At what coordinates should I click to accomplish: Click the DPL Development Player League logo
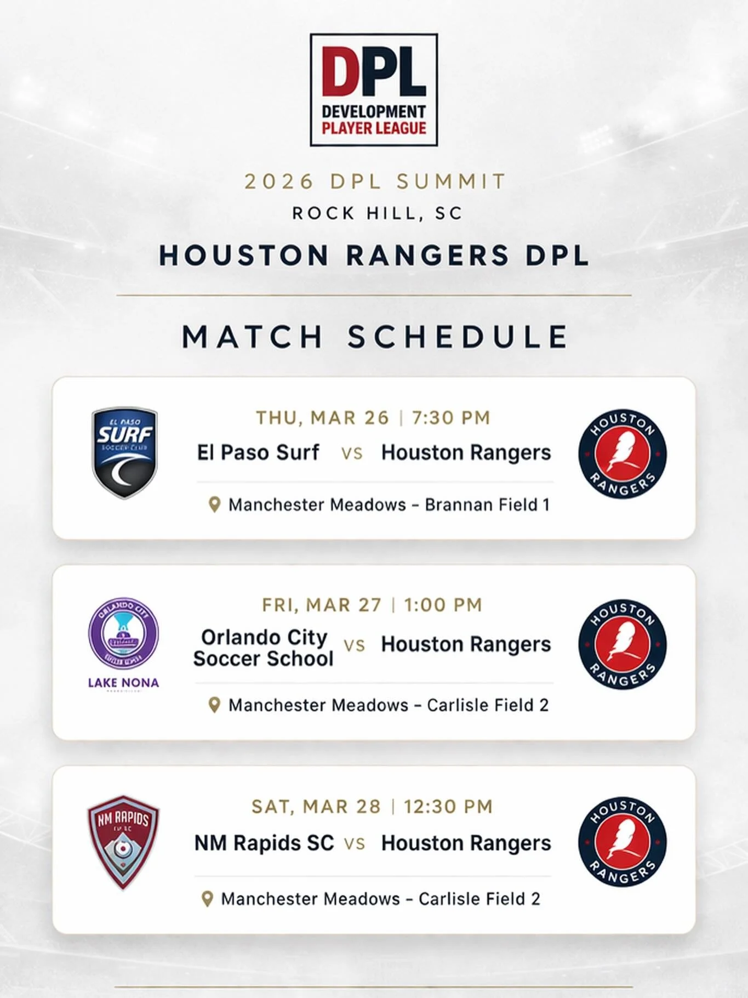pyautogui.click(x=374, y=90)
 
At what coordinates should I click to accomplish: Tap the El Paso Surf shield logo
pyautogui.click(x=124, y=452)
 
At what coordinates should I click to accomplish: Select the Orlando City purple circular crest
pyautogui.click(x=124, y=633)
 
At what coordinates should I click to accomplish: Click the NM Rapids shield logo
pyautogui.click(x=123, y=842)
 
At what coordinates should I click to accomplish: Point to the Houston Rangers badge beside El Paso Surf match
pyautogui.click(x=623, y=454)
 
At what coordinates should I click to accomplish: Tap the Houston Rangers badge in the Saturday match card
pyautogui.click(x=623, y=842)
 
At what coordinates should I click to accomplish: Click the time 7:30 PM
pyautogui.click(x=451, y=418)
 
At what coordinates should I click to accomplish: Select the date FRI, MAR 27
pyautogui.click(x=322, y=605)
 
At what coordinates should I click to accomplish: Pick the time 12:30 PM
pyautogui.click(x=448, y=807)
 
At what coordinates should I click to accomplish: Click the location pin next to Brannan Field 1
pyautogui.click(x=215, y=504)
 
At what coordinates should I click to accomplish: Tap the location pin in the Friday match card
pyautogui.click(x=215, y=705)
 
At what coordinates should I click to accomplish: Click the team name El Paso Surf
pyautogui.click(x=258, y=452)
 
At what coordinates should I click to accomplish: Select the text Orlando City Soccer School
pyautogui.click(x=264, y=648)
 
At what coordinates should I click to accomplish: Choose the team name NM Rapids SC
pyautogui.click(x=264, y=843)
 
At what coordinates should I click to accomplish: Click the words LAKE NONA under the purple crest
pyautogui.click(x=123, y=683)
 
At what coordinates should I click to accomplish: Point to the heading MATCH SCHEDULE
pyautogui.click(x=376, y=336)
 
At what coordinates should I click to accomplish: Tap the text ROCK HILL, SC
pyautogui.click(x=378, y=213)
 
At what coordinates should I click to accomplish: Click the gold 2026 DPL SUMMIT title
pyautogui.click(x=375, y=182)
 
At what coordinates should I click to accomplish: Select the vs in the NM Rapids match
pyautogui.click(x=355, y=843)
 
